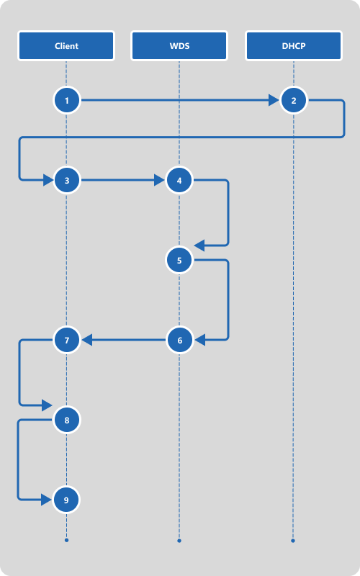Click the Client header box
pyautogui.click(x=66, y=45)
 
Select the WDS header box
pyautogui.click(x=179, y=45)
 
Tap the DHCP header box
pyautogui.click(x=294, y=45)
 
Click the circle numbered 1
pyautogui.click(x=66, y=100)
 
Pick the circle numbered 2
pyautogui.click(x=293, y=100)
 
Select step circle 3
pyautogui.click(x=66, y=181)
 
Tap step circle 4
pyautogui.click(x=179, y=181)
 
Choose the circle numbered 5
pyautogui.click(x=179, y=261)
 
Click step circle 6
pyautogui.click(x=179, y=340)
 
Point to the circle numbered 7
pyautogui.click(x=66, y=340)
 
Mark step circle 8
pyautogui.click(x=66, y=420)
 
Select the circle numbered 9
pyautogui.click(x=66, y=500)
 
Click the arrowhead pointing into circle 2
pyautogui.click(x=274, y=100)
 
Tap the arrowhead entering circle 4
pyautogui.click(x=159, y=181)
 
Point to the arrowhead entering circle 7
pyautogui.click(x=86, y=340)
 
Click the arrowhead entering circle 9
pyautogui.click(x=47, y=500)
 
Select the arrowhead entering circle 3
pyautogui.click(x=48, y=181)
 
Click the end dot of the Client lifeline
pyautogui.click(x=66, y=540)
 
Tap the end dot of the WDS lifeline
pyautogui.click(x=179, y=541)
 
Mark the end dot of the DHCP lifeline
pyautogui.click(x=293, y=541)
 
